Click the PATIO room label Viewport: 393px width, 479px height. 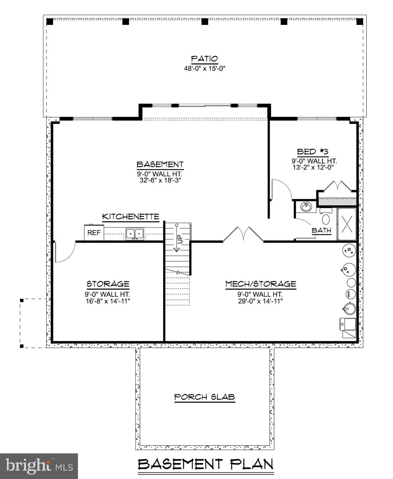(x=204, y=59)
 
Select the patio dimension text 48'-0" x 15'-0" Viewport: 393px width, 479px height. (x=204, y=68)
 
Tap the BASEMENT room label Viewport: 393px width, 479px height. (x=160, y=164)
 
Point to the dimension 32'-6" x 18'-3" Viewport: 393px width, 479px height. (x=160, y=180)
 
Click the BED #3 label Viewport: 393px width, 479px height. (x=312, y=152)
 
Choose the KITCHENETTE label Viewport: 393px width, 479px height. (x=130, y=216)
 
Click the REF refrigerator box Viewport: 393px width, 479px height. (x=94, y=233)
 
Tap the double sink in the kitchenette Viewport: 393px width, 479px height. (x=135, y=234)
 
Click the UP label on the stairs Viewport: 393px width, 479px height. (x=180, y=239)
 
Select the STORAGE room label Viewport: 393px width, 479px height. (x=108, y=284)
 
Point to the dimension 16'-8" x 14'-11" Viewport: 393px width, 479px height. (x=108, y=301)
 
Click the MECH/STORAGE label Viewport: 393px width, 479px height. (x=261, y=284)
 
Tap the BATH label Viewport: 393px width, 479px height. (x=321, y=230)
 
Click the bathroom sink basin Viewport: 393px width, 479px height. (x=306, y=206)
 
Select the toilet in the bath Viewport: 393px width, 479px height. (x=326, y=218)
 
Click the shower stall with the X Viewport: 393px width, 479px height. (x=346, y=224)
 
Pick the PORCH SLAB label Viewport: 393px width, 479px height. (x=204, y=397)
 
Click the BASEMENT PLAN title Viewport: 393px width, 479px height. (x=205, y=464)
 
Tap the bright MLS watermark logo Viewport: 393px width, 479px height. (x=39, y=466)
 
